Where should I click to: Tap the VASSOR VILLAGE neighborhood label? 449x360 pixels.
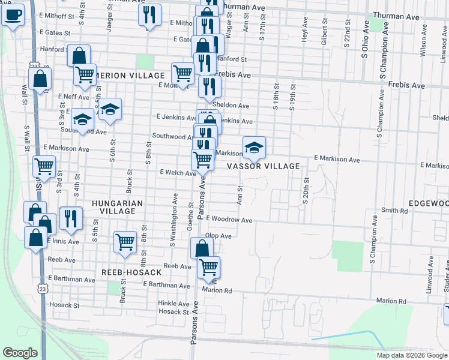click(x=263, y=166)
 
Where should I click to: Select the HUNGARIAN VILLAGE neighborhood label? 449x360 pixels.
click(x=118, y=208)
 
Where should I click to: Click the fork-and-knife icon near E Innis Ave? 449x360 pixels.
click(x=71, y=218)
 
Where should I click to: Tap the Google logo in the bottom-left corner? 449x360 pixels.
click(x=20, y=353)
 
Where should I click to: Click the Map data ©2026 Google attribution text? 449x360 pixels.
click(x=411, y=355)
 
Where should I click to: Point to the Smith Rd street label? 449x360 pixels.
click(x=394, y=211)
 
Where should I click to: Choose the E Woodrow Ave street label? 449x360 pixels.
click(x=229, y=220)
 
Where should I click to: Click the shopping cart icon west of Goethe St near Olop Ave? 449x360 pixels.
click(x=125, y=243)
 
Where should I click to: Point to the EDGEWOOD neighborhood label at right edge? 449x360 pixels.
click(x=429, y=204)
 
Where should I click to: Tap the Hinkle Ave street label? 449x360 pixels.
click(x=175, y=303)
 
